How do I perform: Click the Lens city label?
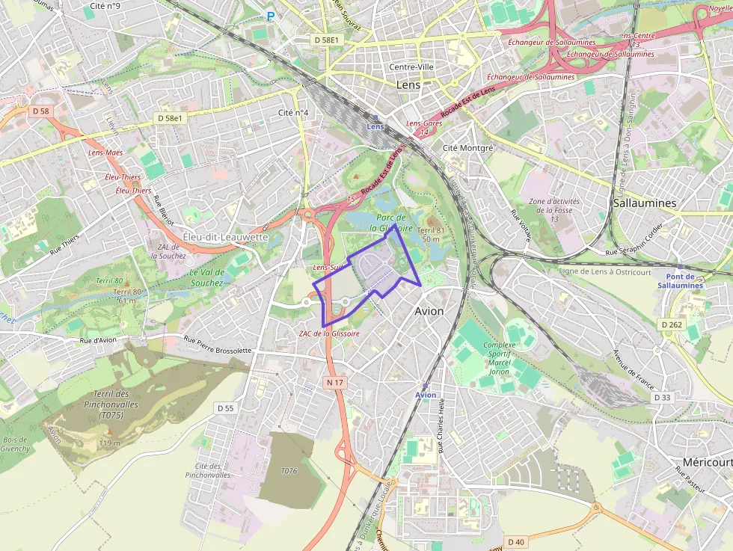[x=408, y=85]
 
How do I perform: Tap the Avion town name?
[x=429, y=311]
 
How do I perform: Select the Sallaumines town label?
[x=644, y=203]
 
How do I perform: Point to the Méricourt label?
[x=707, y=462]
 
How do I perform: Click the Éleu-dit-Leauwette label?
[x=225, y=237]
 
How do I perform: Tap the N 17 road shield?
[x=335, y=382]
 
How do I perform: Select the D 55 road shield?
[x=225, y=408]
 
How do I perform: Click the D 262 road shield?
[x=672, y=324]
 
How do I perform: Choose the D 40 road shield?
[x=515, y=541]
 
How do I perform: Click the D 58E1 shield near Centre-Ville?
[x=327, y=39]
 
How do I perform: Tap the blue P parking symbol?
[x=270, y=15]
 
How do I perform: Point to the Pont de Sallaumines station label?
[x=681, y=280]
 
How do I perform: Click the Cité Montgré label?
[x=468, y=148]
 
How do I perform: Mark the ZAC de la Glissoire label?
[x=329, y=333]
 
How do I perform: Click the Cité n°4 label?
[x=293, y=113]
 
